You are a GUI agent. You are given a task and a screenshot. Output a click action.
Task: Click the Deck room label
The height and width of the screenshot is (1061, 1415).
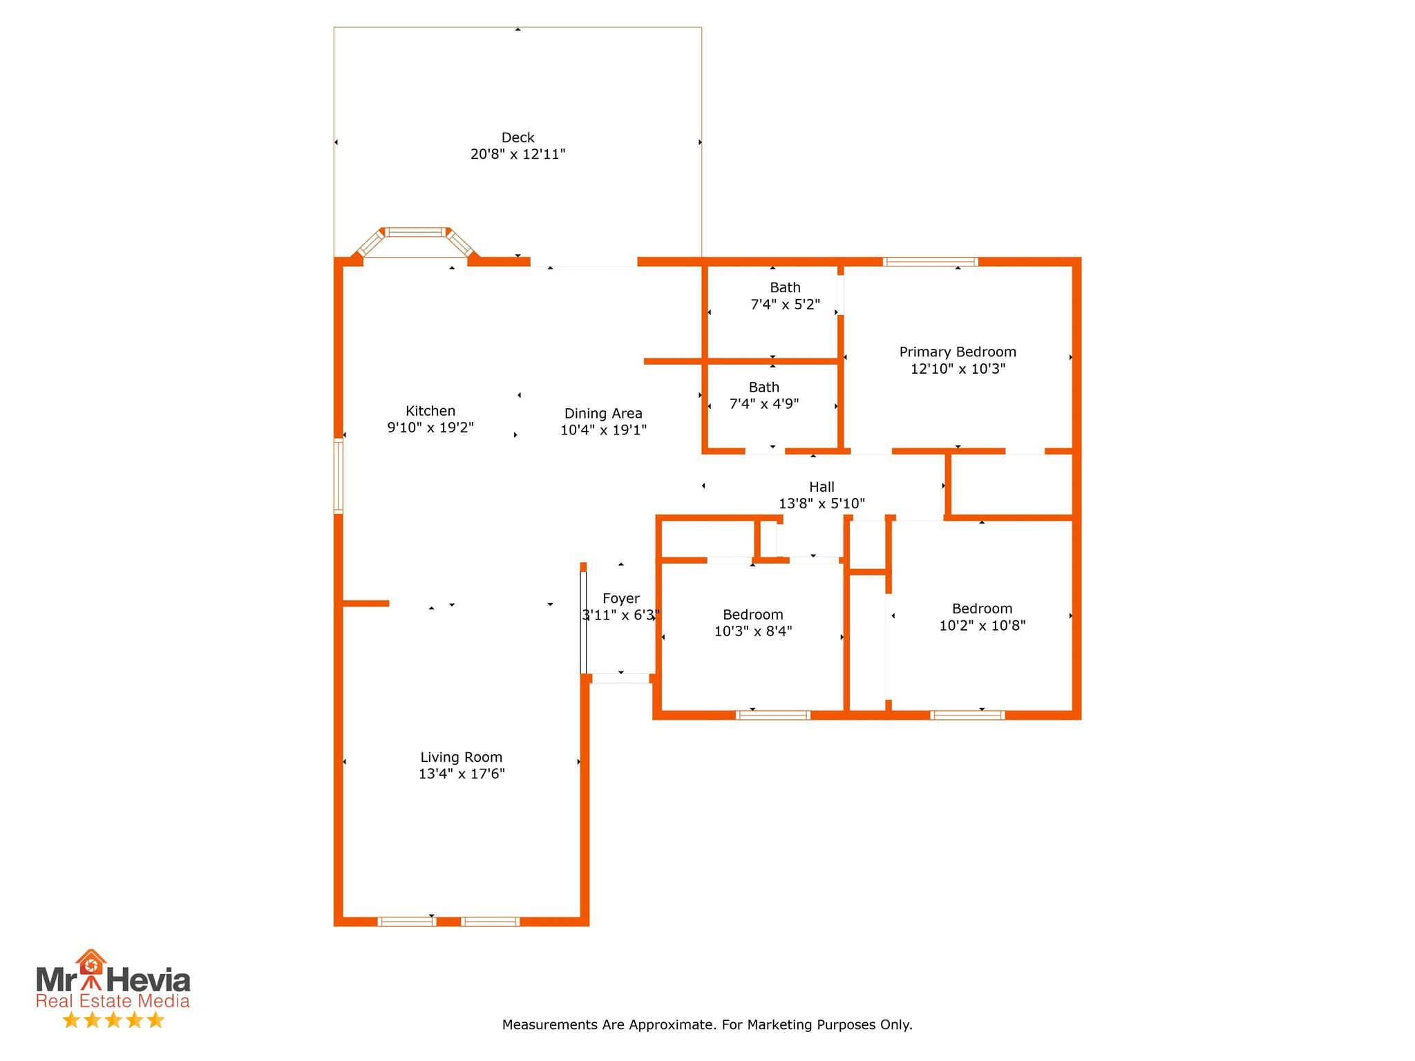[517, 137]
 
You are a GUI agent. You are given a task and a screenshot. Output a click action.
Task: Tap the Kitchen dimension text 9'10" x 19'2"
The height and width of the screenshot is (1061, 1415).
[430, 428]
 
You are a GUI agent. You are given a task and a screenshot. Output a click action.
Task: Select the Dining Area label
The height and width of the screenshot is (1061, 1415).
[603, 414]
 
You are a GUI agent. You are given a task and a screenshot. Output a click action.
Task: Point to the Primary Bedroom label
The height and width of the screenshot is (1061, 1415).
[958, 352]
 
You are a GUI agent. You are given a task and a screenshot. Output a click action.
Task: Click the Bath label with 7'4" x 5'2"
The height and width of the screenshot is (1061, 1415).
[786, 287]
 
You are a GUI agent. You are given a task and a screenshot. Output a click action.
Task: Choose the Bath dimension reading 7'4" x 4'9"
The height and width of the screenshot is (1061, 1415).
[764, 404]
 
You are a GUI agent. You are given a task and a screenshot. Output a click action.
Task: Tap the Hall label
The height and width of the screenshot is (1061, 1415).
[822, 487]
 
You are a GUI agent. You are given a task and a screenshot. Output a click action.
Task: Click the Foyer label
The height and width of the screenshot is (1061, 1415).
[621, 599]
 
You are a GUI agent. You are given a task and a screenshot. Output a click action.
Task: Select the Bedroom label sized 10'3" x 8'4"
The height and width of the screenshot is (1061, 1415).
[753, 615]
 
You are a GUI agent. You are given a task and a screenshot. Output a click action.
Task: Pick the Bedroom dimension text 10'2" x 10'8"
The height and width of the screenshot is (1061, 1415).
[982, 626]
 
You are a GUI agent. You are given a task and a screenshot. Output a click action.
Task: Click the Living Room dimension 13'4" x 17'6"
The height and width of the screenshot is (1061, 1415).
[462, 774]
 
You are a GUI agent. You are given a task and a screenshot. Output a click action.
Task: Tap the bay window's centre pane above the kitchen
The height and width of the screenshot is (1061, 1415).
[415, 232]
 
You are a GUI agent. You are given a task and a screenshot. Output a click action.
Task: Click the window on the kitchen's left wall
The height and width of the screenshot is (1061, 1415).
[339, 476]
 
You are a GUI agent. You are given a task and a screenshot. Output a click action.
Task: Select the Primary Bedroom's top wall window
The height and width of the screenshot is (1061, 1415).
[930, 262]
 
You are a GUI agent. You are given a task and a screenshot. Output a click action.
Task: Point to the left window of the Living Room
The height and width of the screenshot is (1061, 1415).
[407, 921]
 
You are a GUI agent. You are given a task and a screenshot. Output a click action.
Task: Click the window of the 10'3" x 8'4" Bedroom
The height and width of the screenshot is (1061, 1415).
[773, 715]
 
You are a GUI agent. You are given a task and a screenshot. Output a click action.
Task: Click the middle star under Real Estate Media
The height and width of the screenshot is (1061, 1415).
[113, 1020]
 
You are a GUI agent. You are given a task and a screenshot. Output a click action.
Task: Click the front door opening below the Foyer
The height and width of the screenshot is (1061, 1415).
[621, 679]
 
